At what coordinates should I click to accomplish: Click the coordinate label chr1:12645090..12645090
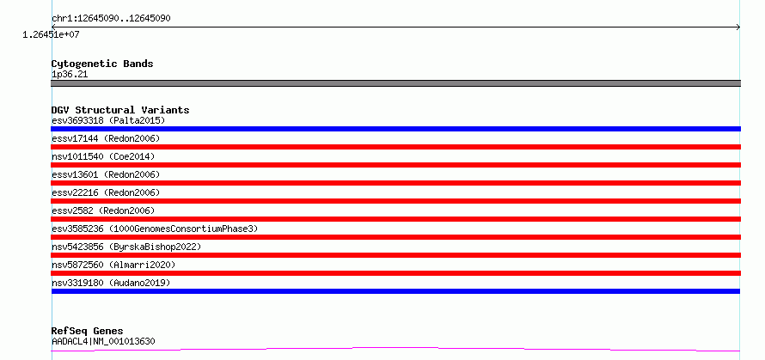tap(110, 18)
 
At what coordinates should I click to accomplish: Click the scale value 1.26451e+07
tap(52, 34)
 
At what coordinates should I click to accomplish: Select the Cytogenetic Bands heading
tap(102, 64)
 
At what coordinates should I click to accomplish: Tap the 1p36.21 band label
tap(70, 74)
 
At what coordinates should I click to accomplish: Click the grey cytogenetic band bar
tap(395, 83)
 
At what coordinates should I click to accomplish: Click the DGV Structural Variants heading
tap(120, 110)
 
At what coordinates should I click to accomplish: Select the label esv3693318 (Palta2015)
tap(108, 120)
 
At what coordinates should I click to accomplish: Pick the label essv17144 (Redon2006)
tap(106, 138)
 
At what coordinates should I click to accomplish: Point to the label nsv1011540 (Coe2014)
tap(103, 156)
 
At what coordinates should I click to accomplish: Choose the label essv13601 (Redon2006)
tap(106, 174)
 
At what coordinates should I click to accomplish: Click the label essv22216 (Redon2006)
tap(106, 192)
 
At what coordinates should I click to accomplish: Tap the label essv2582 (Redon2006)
tap(103, 211)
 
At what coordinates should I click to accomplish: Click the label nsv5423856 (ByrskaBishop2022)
tap(126, 247)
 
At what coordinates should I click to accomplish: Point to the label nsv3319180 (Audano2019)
tap(111, 283)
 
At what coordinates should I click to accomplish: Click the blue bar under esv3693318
tap(395, 129)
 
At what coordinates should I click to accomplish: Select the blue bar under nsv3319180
tap(395, 291)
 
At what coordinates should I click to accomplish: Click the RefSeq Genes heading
tap(87, 331)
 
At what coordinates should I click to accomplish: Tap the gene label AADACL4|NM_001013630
tap(103, 341)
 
